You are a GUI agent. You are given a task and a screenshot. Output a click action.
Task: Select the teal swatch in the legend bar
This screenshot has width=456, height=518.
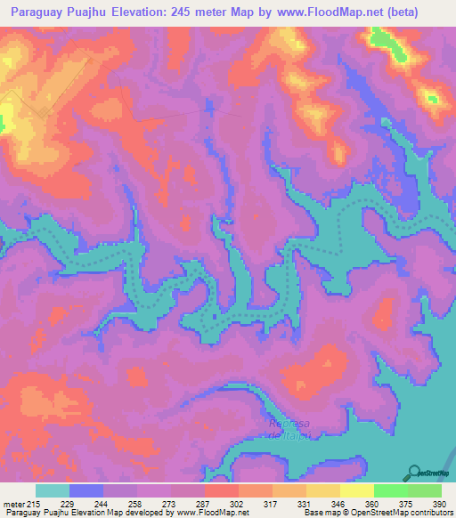53,490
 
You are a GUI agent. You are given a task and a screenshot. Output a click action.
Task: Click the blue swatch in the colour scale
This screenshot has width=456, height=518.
86,490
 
